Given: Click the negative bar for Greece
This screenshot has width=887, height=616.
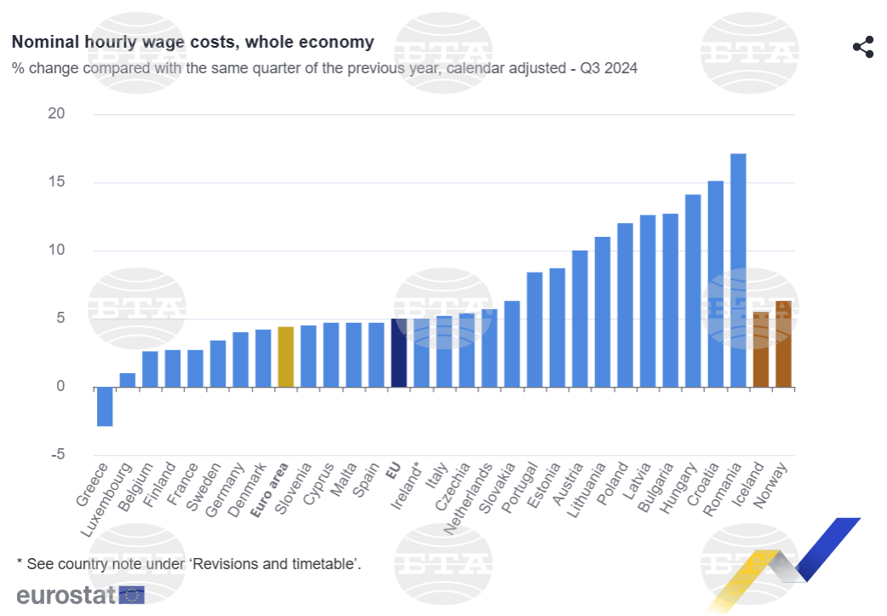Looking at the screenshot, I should (x=105, y=406).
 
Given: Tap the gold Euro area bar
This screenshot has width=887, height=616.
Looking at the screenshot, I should (x=286, y=357).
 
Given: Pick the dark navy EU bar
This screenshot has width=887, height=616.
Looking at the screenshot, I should (x=398, y=353).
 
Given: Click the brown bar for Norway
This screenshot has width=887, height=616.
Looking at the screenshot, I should (x=783, y=344).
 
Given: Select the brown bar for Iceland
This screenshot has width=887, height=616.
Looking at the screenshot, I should (x=761, y=349).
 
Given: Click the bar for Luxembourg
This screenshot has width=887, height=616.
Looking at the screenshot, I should (x=128, y=380).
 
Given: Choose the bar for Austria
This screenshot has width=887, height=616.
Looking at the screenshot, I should (x=580, y=319).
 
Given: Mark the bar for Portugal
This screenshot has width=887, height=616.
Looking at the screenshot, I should (x=535, y=330).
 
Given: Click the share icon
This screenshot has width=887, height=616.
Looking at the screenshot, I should (x=863, y=47).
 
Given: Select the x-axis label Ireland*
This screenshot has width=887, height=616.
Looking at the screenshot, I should (x=406, y=486).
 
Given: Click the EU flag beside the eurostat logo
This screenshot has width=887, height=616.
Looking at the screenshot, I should (x=132, y=595).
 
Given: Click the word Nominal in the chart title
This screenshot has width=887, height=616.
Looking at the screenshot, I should (x=43, y=42).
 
